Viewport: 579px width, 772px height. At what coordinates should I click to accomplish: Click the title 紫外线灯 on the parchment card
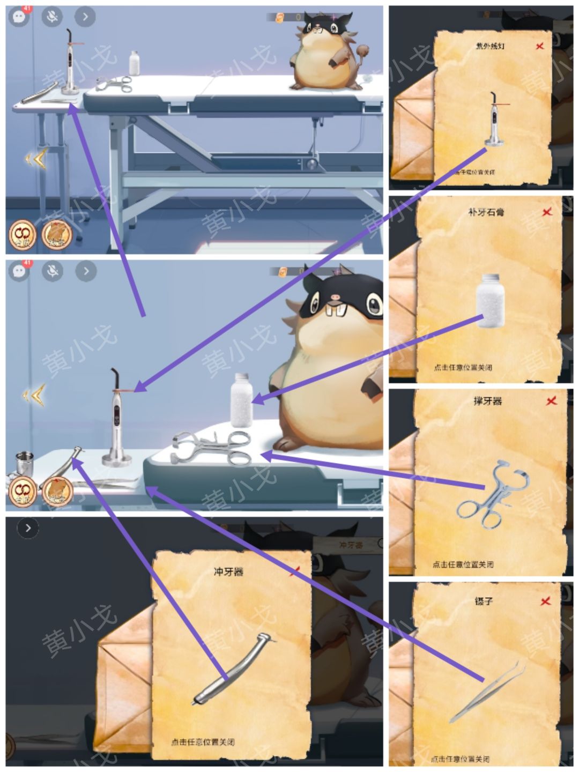[490, 47]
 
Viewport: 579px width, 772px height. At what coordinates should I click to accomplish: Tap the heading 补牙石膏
[486, 212]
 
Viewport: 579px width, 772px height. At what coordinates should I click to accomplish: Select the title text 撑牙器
[488, 400]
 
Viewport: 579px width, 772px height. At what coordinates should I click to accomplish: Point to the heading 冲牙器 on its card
[229, 571]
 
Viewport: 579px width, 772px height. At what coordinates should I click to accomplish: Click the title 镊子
[484, 601]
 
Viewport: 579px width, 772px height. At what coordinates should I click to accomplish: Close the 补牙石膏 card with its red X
[547, 212]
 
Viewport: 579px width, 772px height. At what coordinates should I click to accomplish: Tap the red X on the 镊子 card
[546, 601]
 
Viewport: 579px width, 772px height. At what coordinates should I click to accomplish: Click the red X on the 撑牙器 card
[551, 400]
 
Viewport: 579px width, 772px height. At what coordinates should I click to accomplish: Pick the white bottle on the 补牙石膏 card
[490, 300]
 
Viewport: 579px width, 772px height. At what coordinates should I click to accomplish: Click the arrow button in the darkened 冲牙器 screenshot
[28, 528]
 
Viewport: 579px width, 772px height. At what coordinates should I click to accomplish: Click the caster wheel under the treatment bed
[311, 164]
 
